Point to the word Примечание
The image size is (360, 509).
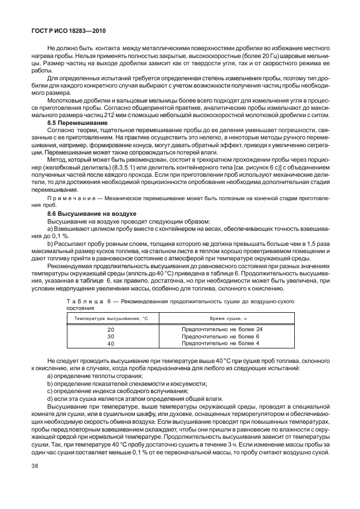[72, 200]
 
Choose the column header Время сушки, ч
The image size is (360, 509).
[221, 318]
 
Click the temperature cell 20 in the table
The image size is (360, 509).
[110, 330]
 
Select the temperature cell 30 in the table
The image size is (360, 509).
[110, 337]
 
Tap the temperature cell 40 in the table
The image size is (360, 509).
[110, 344]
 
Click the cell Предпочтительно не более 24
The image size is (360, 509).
[222, 329]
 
